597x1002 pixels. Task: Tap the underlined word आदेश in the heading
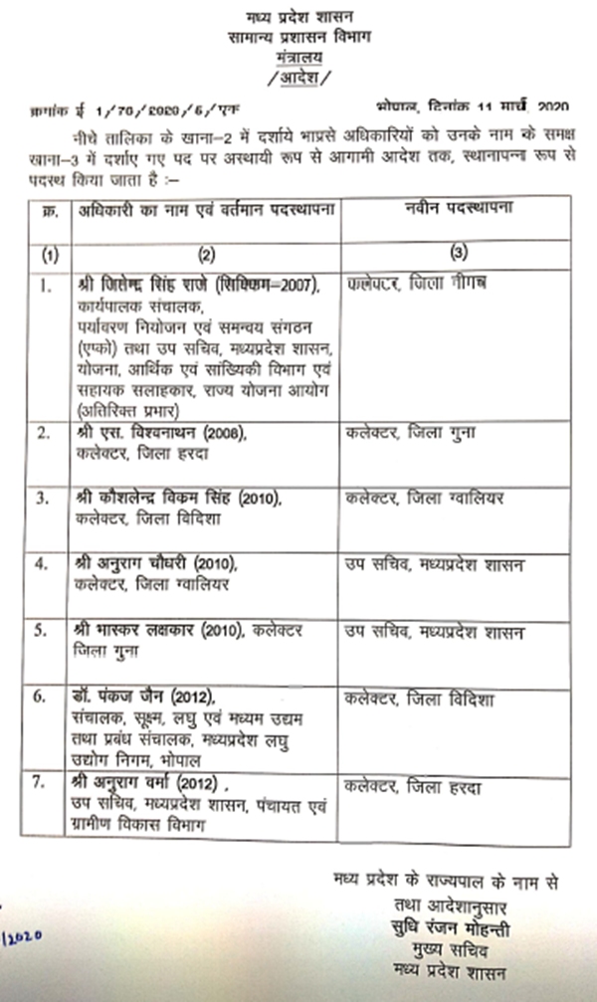tap(299, 77)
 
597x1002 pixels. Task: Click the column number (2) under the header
tap(206, 255)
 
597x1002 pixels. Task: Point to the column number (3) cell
tap(459, 255)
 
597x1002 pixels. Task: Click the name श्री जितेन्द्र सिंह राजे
tap(148, 287)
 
